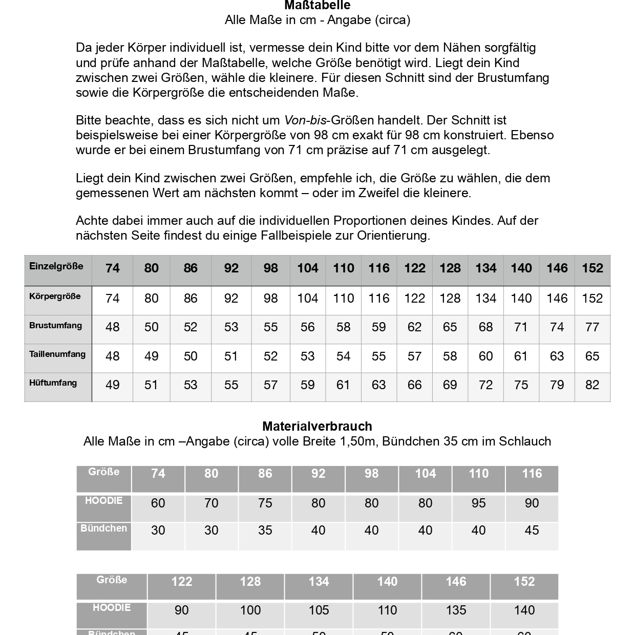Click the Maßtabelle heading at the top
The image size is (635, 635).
point(317,6)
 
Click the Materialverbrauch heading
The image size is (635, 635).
point(317,426)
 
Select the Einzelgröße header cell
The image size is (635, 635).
point(56,266)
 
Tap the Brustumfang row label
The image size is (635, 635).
point(55,326)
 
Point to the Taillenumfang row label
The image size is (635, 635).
point(57,354)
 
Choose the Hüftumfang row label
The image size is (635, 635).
point(53,383)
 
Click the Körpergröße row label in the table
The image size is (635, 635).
point(55,297)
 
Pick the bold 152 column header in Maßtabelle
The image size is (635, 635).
point(592,268)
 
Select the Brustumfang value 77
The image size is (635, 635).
point(592,327)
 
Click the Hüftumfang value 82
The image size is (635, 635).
point(592,385)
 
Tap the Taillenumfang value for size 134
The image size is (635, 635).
point(485,356)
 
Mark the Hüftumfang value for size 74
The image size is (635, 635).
point(112,385)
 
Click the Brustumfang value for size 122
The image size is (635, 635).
point(414,327)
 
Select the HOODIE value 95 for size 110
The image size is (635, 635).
point(478,503)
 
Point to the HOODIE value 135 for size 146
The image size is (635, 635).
point(456,610)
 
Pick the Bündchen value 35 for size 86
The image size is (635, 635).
point(265,531)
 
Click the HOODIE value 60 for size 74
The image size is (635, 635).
point(158,503)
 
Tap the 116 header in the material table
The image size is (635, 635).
point(532,474)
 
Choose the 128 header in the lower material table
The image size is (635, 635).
point(250,582)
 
